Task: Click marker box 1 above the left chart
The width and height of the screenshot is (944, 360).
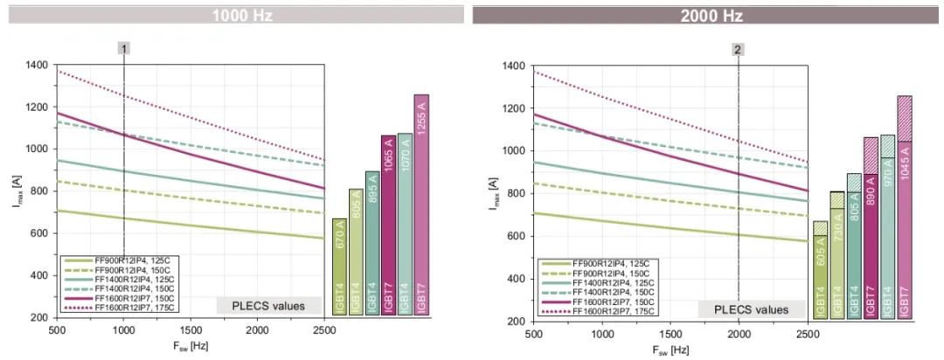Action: (125, 49)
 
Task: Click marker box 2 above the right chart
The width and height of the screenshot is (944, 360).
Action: (739, 50)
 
